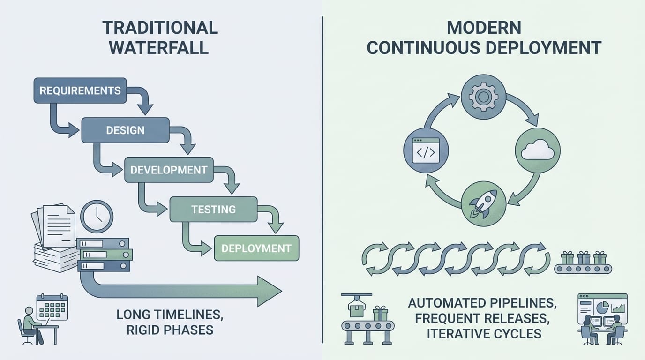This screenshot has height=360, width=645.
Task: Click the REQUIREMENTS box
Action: click(80, 90)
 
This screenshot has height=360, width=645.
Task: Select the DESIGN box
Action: click(125, 130)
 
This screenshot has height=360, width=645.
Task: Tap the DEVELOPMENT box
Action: click(169, 170)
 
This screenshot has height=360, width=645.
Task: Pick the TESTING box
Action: click(213, 209)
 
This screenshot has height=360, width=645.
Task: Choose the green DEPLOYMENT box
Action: click(256, 248)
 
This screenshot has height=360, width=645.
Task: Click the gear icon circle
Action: click(483, 97)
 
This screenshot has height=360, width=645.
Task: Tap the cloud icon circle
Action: click(538, 150)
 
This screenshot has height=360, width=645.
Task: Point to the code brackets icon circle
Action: click(426, 150)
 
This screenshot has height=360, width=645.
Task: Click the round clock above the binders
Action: click(97, 217)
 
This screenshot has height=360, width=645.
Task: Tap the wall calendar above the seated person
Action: click(52, 307)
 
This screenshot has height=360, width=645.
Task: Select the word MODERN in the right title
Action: click(483, 28)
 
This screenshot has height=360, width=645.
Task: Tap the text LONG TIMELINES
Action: click(170, 314)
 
